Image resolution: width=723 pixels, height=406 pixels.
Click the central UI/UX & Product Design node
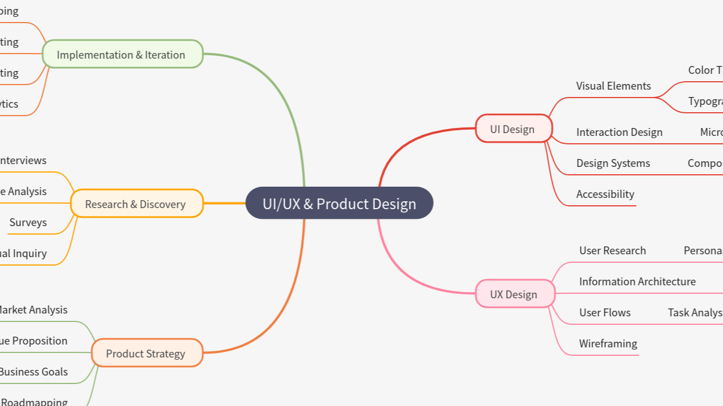point(339,204)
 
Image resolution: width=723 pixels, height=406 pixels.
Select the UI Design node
point(512,129)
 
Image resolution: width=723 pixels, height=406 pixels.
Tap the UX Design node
point(513,294)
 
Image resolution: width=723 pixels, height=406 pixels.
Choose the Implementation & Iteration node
point(121,55)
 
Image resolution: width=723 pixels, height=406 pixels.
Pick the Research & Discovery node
point(136,204)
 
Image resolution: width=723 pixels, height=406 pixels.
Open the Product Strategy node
point(146,354)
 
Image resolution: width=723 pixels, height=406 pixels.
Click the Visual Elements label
point(613,86)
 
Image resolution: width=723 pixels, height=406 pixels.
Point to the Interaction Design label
point(619,133)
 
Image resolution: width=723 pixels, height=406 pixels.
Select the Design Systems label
point(613,164)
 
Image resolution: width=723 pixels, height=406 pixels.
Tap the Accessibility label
point(605,195)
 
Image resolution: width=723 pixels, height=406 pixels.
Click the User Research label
point(612,251)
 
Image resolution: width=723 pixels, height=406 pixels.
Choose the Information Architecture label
point(637,282)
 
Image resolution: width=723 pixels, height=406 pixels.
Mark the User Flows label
point(604,313)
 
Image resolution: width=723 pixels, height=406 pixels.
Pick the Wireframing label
point(608,344)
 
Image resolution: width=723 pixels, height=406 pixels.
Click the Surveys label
point(28,223)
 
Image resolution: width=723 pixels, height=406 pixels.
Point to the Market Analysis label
point(33,310)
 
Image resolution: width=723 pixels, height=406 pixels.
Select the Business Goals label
point(34,372)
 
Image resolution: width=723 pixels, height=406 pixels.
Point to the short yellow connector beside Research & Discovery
point(224,203)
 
